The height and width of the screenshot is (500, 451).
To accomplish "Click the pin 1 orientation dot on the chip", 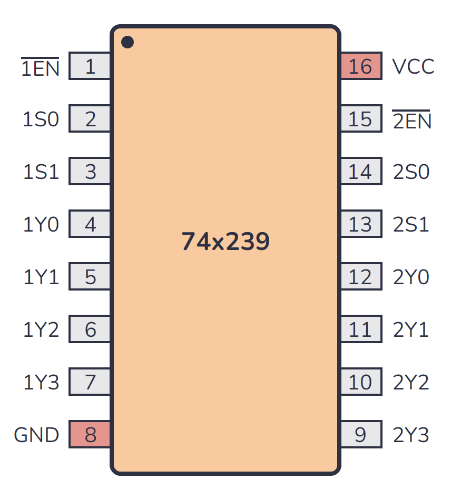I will (x=128, y=42).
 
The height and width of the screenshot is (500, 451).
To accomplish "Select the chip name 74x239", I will (x=226, y=242).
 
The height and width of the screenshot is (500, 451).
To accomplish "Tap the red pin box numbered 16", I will (x=361, y=66).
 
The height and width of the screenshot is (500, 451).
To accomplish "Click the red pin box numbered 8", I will (x=90, y=435).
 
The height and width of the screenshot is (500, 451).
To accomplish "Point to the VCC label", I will (x=414, y=67).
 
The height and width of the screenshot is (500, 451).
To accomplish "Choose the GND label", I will (x=36, y=435).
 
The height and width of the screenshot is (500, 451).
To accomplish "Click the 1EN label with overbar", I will (x=40, y=68).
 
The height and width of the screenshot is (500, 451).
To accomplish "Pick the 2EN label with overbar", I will (x=412, y=121).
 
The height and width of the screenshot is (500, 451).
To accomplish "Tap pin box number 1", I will (x=90, y=66).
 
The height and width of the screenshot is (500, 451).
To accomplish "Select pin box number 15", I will (x=361, y=119).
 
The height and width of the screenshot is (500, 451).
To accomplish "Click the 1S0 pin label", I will (x=41, y=119).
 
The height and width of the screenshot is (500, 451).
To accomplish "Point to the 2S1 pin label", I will (x=411, y=225).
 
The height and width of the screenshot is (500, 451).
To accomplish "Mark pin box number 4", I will (x=90, y=224).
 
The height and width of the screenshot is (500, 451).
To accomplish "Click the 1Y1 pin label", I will (x=41, y=277).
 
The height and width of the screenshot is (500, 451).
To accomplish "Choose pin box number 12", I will (x=361, y=277).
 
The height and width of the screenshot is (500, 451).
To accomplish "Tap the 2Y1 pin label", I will (x=411, y=330).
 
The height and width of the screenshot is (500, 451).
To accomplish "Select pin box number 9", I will (x=361, y=435).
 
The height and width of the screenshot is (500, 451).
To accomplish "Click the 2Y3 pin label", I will (x=411, y=435).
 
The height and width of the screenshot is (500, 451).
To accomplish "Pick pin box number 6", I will (x=90, y=329).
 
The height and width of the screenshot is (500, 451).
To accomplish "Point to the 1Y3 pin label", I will (x=41, y=383).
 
